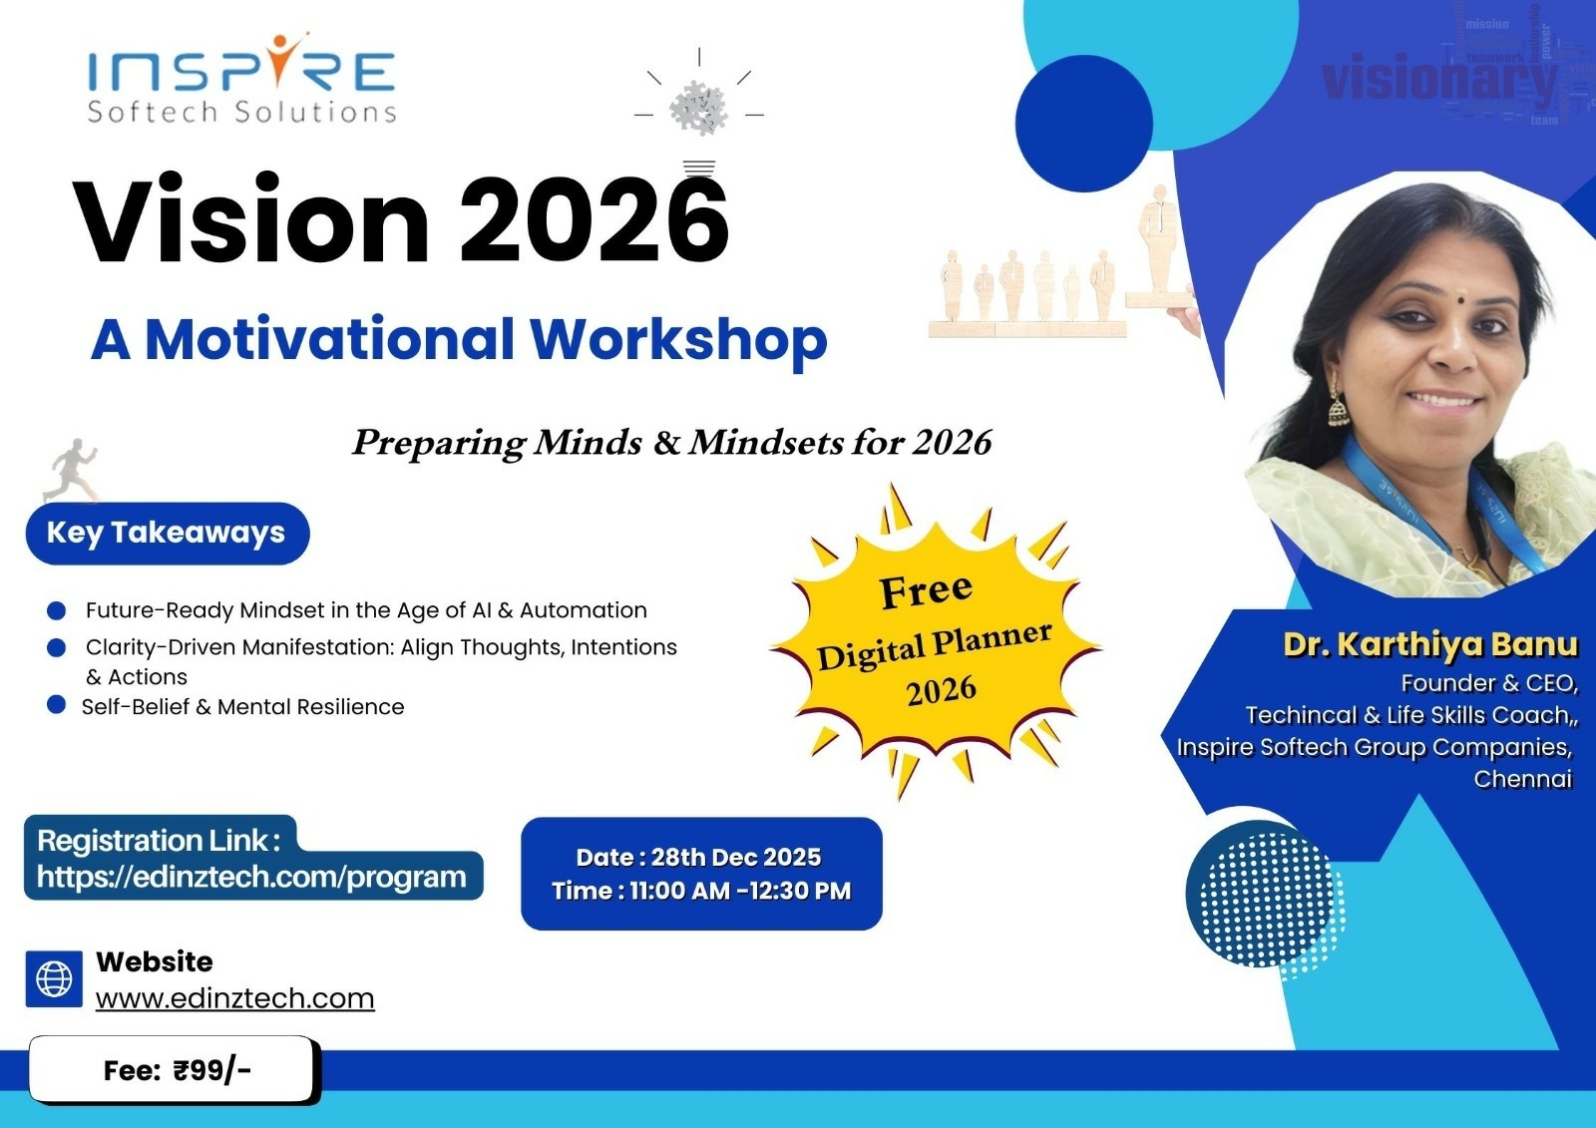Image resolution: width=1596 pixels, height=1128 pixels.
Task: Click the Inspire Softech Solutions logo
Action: pyautogui.click(x=241, y=79)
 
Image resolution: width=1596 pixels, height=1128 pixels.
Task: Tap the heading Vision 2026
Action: pyautogui.click(x=400, y=219)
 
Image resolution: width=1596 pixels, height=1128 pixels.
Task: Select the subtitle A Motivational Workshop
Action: pyautogui.click(x=459, y=341)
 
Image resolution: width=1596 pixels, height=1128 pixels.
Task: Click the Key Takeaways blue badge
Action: pyautogui.click(x=168, y=533)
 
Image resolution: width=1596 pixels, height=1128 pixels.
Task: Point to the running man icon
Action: pyautogui.click(x=70, y=470)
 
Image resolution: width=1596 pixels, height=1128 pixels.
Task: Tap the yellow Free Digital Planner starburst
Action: pyautogui.click(x=935, y=642)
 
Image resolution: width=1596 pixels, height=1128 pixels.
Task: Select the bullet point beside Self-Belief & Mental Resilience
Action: pyautogui.click(x=56, y=705)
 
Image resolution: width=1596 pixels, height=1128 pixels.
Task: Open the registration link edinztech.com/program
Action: pyautogui.click(x=251, y=877)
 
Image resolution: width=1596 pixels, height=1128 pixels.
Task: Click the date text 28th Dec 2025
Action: pyautogui.click(x=736, y=857)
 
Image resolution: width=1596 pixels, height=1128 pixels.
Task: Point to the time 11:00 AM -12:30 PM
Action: pyautogui.click(x=740, y=891)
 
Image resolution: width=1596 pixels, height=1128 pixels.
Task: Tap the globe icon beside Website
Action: pyautogui.click(x=54, y=979)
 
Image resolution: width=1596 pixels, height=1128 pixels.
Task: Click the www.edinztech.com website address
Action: pyautogui.click(x=235, y=999)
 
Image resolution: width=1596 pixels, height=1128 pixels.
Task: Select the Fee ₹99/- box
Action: pyautogui.click(x=174, y=1070)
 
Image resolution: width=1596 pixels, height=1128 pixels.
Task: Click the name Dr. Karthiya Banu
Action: pyautogui.click(x=1430, y=644)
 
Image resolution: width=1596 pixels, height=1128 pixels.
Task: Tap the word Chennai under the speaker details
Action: pyautogui.click(x=1522, y=779)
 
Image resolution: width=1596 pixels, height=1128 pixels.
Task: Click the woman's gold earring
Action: pyautogui.click(x=1338, y=405)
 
